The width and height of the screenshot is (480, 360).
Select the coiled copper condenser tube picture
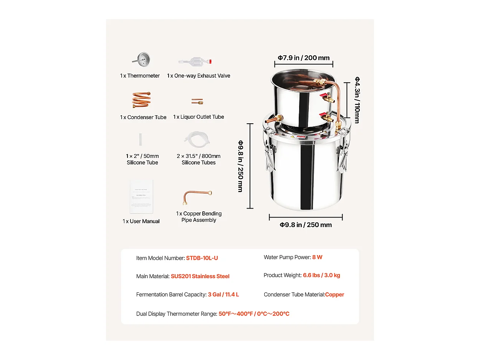click(x=141, y=101)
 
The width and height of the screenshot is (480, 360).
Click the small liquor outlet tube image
click(x=197, y=102)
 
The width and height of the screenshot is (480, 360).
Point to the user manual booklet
click(x=141, y=196)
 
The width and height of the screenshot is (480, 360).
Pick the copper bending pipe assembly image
click(x=197, y=197)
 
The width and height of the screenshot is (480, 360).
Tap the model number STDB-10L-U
click(x=202, y=258)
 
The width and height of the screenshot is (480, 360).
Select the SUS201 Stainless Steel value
click(x=200, y=276)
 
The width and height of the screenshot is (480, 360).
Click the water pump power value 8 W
click(x=317, y=257)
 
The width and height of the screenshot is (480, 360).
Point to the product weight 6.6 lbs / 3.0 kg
click(x=321, y=275)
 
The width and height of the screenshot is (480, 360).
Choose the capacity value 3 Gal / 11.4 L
click(x=223, y=295)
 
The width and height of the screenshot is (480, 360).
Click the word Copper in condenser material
click(x=334, y=295)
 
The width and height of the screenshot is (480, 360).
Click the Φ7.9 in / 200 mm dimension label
click(x=304, y=58)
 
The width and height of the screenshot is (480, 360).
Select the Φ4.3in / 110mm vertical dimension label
click(x=357, y=100)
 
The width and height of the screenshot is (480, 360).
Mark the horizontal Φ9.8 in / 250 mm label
click(x=306, y=225)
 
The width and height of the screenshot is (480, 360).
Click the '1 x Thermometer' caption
click(x=140, y=76)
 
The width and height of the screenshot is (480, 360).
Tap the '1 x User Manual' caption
click(x=141, y=221)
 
